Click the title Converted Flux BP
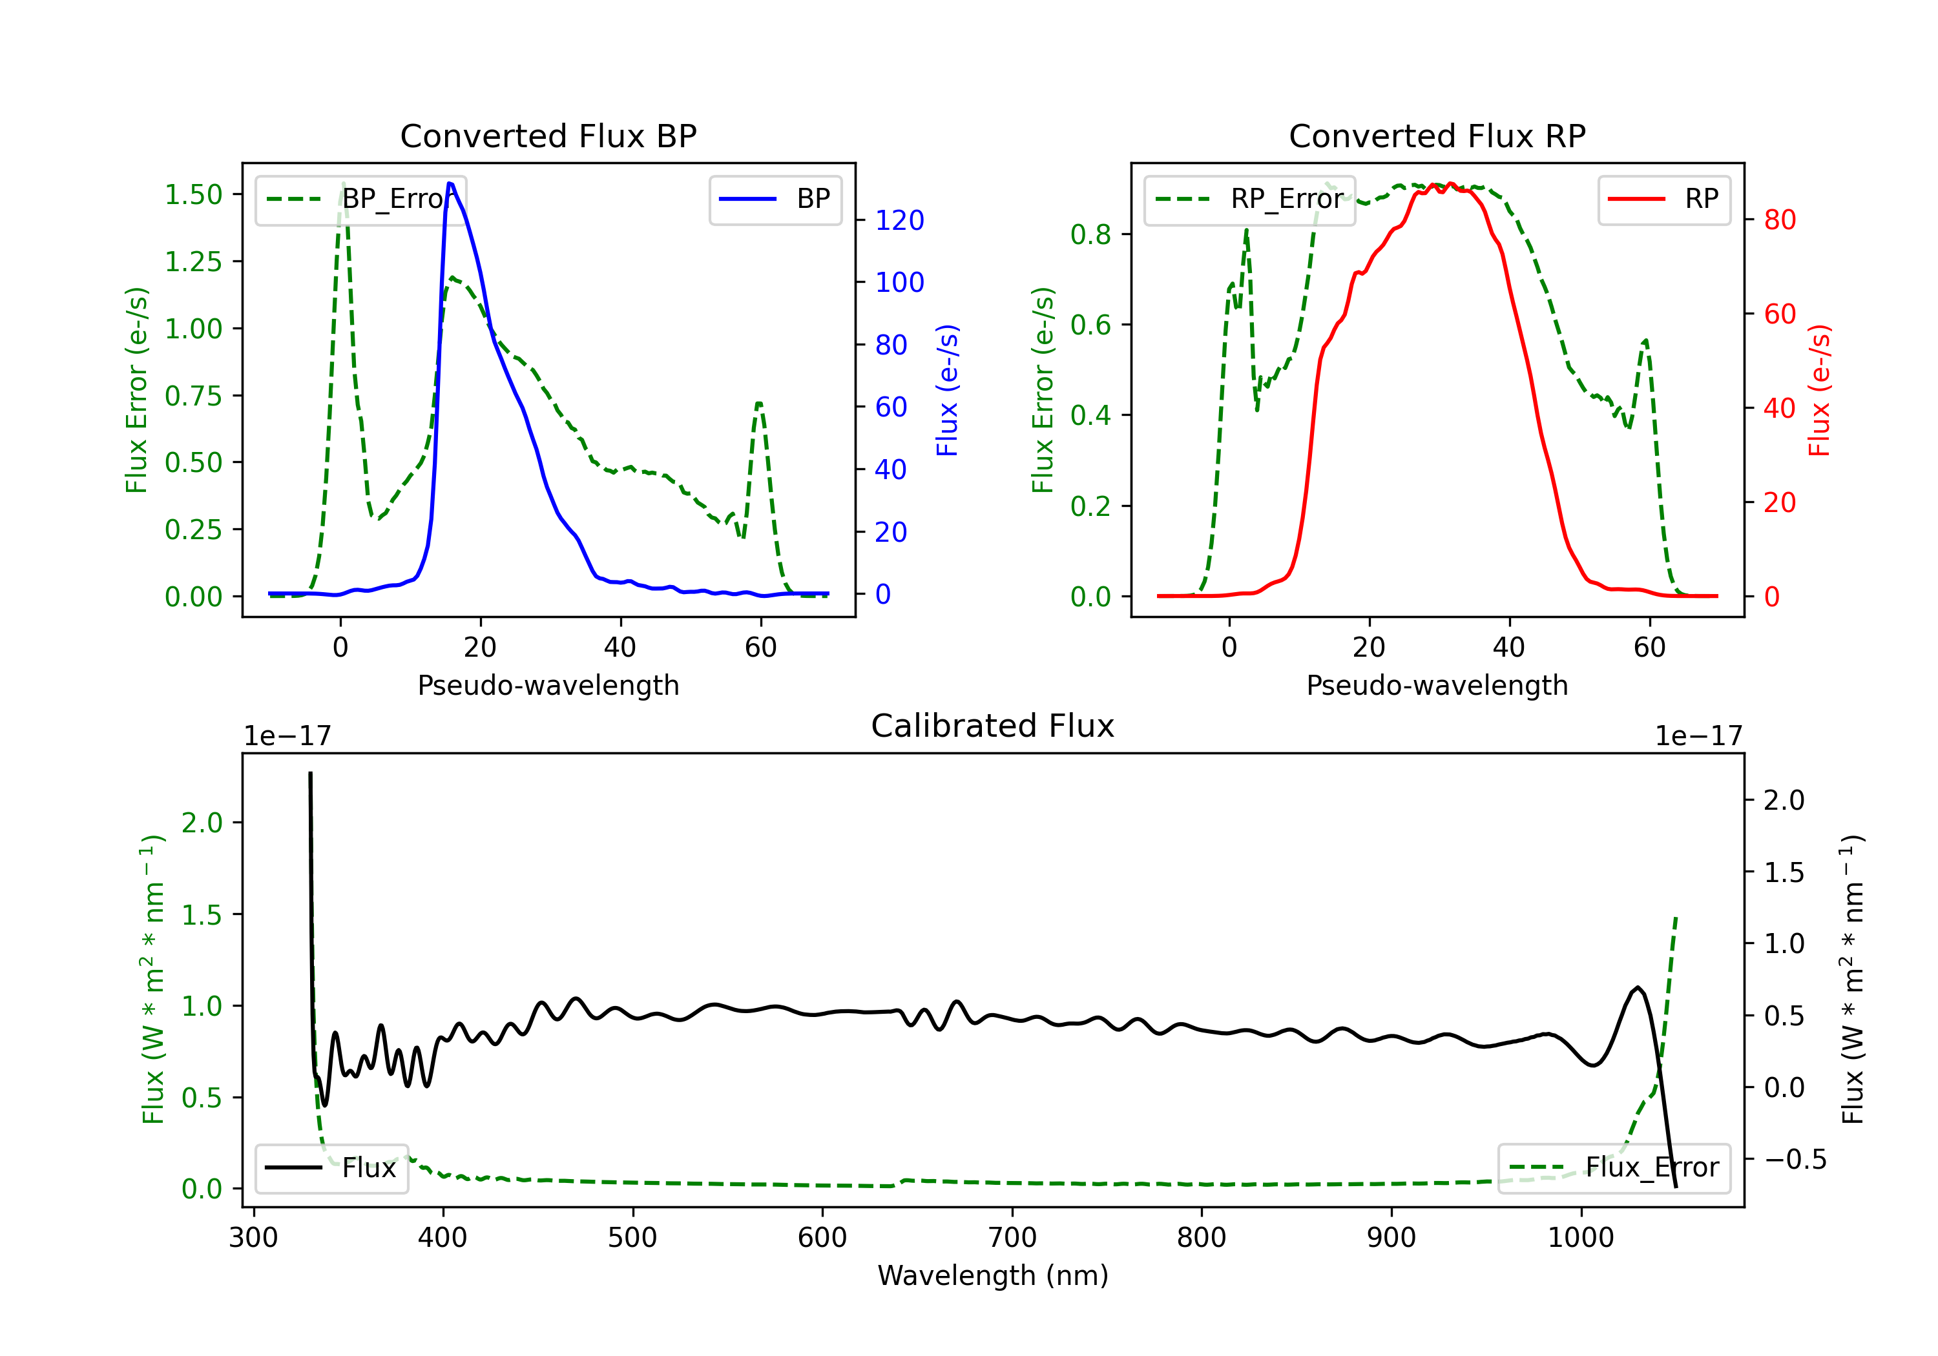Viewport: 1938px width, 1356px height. (x=548, y=136)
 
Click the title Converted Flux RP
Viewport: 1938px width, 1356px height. (x=1437, y=136)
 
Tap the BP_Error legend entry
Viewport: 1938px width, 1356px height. (x=361, y=199)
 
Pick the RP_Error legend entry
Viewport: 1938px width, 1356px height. (x=1250, y=199)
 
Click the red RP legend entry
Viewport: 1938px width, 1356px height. (x=1663, y=199)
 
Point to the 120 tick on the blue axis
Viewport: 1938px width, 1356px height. (x=899, y=220)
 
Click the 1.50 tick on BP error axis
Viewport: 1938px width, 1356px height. (x=193, y=194)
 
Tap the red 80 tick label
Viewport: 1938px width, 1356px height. (x=1779, y=220)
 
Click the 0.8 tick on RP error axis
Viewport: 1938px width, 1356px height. (x=1090, y=234)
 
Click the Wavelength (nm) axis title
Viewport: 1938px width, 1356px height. (x=993, y=1275)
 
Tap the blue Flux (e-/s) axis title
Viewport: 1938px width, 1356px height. (x=947, y=390)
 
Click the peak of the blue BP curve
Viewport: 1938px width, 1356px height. (x=450, y=184)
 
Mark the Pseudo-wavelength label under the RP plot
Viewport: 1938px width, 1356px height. (x=1437, y=685)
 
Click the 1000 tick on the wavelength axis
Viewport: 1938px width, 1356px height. (x=1580, y=1238)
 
